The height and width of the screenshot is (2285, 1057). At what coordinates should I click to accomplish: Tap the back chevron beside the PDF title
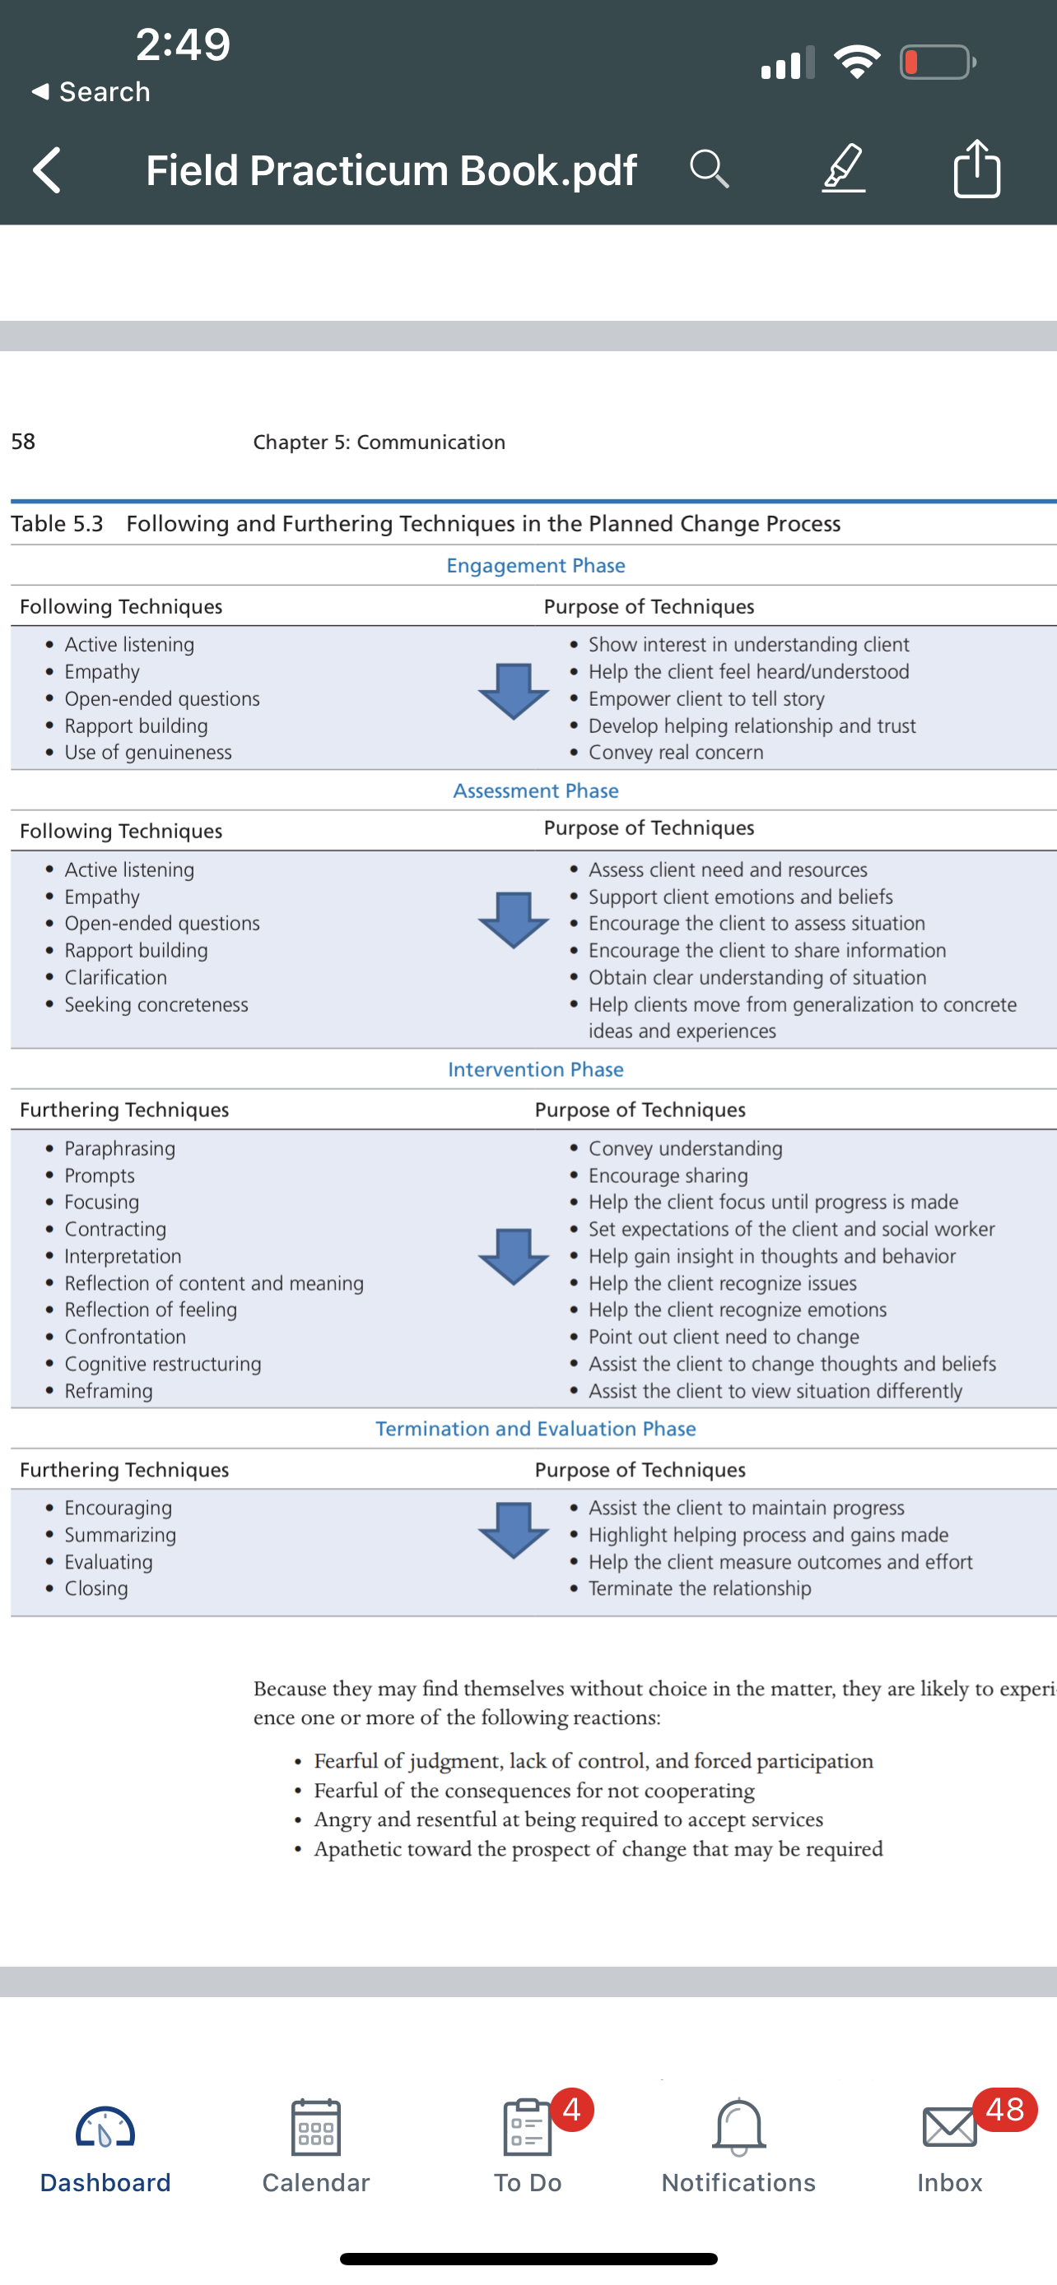(x=47, y=169)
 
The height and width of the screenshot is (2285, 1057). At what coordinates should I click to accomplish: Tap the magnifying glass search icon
(x=709, y=169)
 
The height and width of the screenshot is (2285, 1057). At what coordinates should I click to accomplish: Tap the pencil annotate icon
(x=843, y=168)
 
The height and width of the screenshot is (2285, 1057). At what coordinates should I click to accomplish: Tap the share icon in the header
(x=977, y=168)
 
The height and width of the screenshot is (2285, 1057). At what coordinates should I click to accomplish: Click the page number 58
(x=23, y=442)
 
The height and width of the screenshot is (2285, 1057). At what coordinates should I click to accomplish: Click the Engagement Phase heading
(x=535, y=565)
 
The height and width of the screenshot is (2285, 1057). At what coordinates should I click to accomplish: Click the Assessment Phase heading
(x=535, y=790)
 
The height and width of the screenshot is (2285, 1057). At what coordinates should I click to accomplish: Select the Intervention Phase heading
(x=535, y=1068)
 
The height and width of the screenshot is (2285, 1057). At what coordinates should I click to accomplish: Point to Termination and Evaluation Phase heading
(x=535, y=1428)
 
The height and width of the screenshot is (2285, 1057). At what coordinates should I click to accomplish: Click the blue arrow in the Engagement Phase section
(x=514, y=691)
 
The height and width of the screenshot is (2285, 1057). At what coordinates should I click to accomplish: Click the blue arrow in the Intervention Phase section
(x=514, y=1257)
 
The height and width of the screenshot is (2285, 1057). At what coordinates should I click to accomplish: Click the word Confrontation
(x=125, y=1337)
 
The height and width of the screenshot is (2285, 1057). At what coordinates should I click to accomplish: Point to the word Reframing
(x=109, y=1391)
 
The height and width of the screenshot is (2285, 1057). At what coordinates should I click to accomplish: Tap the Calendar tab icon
(x=316, y=2127)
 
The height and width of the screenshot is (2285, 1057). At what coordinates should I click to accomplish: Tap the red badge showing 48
(x=1004, y=2109)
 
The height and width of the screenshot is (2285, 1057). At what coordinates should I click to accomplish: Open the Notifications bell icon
(x=738, y=2127)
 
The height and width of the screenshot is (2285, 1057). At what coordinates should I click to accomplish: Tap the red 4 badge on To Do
(x=572, y=2109)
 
